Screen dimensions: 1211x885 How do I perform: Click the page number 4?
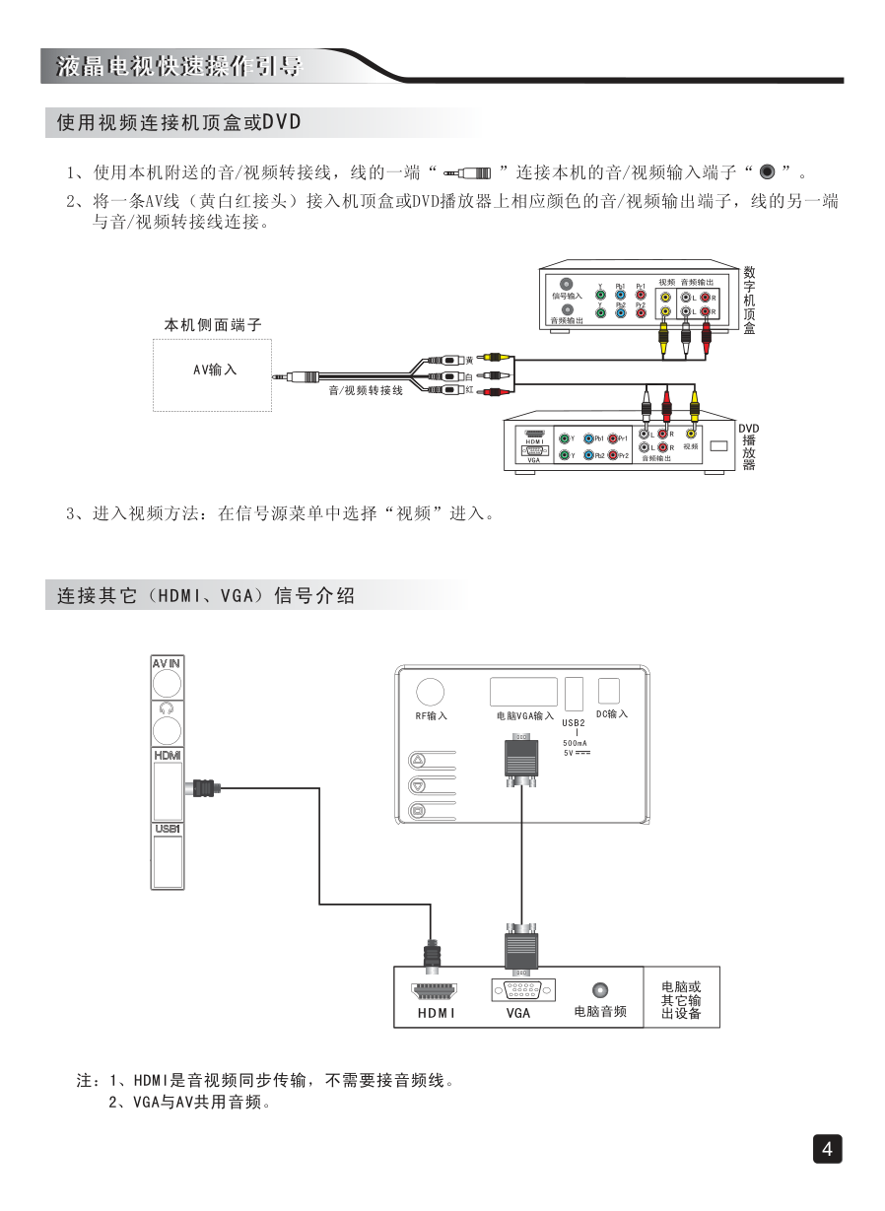[827, 1149]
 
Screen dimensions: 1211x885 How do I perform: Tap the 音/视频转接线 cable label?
[366, 391]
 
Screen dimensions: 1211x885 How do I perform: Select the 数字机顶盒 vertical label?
[750, 300]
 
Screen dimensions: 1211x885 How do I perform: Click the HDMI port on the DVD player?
[535, 434]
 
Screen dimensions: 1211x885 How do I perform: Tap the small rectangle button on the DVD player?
[718, 445]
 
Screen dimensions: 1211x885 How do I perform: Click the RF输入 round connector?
[430, 693]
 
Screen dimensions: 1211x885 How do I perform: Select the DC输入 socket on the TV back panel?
[611, 691]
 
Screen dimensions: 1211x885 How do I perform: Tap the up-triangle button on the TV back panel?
[418, 761]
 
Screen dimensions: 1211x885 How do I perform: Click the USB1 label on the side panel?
[167, 830]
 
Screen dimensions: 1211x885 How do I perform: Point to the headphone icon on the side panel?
[167, 708]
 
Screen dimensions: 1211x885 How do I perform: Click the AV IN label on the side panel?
[167, 664]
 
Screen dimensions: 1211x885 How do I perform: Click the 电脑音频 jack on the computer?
[599, 990]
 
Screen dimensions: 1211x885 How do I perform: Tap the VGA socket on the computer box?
[521, 991]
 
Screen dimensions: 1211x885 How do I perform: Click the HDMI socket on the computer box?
[435, 990]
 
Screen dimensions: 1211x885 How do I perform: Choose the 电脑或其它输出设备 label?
[681, 999]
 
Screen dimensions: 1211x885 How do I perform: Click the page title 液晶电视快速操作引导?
[178, 67]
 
